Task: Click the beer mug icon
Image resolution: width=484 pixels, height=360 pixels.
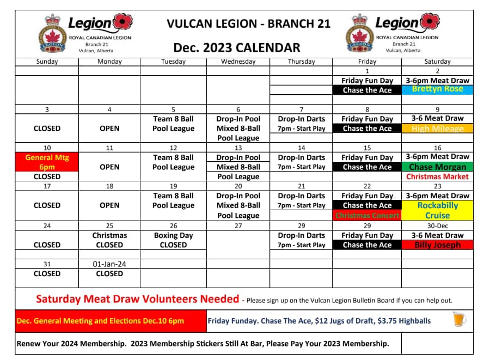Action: [x=460, y=320]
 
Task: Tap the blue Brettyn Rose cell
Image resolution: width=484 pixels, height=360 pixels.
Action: [x=438, y=89]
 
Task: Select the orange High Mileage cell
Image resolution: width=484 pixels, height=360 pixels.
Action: [x=438, y=129]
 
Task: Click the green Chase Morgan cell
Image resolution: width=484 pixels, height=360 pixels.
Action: [x=438, y=167]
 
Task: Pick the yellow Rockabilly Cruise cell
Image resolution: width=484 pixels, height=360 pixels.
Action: [x=438, y=210]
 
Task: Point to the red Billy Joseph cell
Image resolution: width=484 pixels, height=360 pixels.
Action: [x=438, y=245]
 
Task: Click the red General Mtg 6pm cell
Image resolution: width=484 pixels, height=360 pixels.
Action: [x=47, y=162]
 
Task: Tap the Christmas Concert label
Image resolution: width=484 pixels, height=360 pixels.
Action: [x=367, y=216]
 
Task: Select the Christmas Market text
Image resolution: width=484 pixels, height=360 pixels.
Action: [x=438, y=177]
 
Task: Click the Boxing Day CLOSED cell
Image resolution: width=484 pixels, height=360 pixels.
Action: [x=173, y=240]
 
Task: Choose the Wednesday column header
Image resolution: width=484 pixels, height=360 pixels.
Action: [x=238, y=62]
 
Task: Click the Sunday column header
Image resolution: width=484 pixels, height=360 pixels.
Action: [x=47, y=62]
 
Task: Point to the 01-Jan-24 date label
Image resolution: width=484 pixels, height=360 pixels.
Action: [x=109, y=264]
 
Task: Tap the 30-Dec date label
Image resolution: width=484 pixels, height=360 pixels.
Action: [x=438, y=225]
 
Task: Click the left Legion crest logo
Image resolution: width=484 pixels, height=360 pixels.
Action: [x=53, y=34]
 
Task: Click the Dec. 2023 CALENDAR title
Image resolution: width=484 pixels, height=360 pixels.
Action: [x=237, y=47]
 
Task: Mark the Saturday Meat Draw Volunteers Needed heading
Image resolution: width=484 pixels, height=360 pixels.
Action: [x=137, y=299]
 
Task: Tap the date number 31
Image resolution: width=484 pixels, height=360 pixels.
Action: [x=47, y=264]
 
